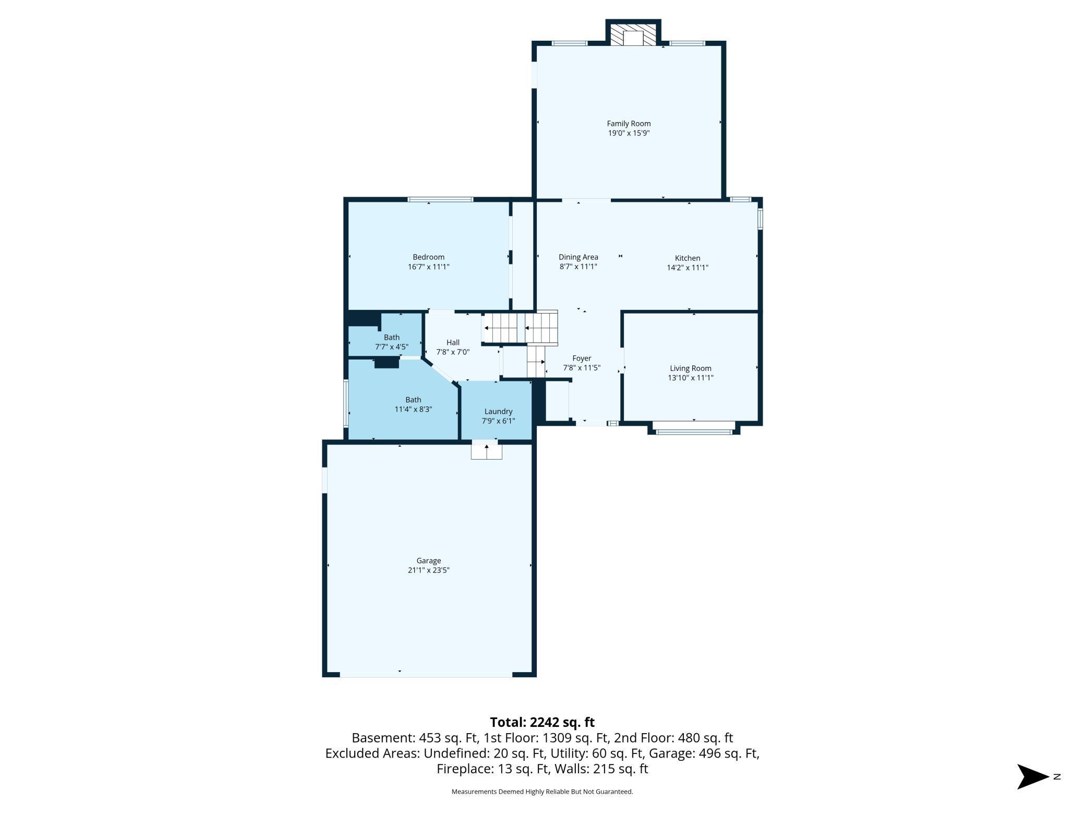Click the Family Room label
pos(629,124)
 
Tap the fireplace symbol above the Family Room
pos(633,34)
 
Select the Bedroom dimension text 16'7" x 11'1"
pos(428,267)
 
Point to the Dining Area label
pos(578,257)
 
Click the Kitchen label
pos(688,258)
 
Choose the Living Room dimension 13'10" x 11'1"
pos(691,378)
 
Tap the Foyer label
pos(582,358)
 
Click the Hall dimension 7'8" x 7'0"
pos(453,352)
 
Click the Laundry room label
pos(498,412)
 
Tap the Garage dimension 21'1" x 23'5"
pos(428,570)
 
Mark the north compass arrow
pos(1033,777)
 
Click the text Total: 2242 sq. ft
pos(542,722)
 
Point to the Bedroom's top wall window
pos(440,199)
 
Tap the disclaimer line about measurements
pos(542,792)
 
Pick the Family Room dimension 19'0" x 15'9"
pos(629,133)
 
